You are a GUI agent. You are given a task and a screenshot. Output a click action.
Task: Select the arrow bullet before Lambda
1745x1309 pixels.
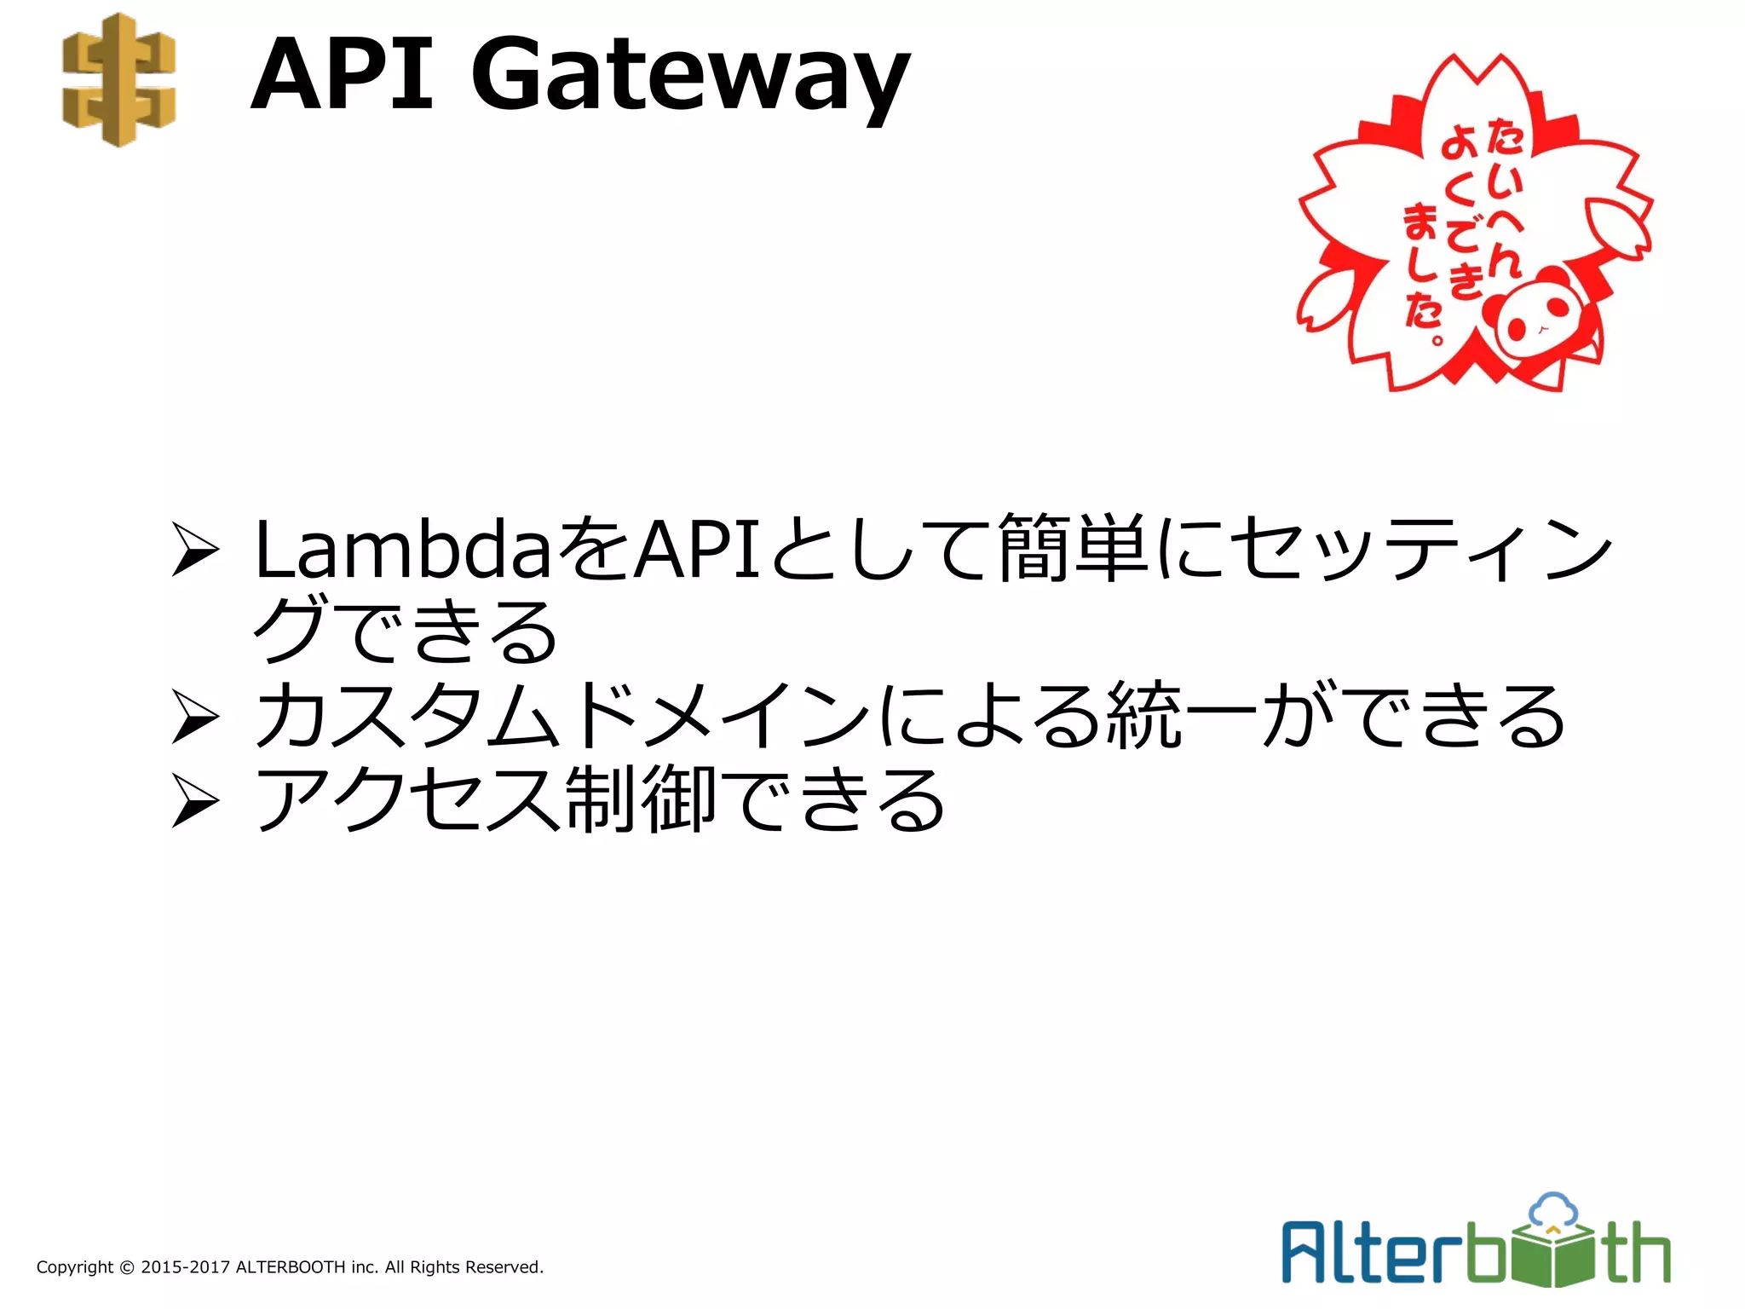(x=194, y=551)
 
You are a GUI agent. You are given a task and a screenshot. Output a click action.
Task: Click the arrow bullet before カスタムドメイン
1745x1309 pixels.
(x=194, y=718)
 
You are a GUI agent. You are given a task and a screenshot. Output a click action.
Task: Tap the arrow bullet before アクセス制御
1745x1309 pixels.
(x=194, y=801)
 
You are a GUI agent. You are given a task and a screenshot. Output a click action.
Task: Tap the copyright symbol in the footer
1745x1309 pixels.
(x=127, y=1268)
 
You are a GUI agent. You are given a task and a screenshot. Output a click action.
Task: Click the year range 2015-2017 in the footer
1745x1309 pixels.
(x=185, y=1267)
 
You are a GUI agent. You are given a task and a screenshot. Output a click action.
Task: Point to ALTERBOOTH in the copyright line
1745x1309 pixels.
(x=290, y=1267)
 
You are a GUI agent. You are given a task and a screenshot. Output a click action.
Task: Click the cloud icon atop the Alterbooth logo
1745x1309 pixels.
(x=1553, y=1209)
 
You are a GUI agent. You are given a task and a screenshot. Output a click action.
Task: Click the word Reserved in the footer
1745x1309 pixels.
(x=507, y=1267)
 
